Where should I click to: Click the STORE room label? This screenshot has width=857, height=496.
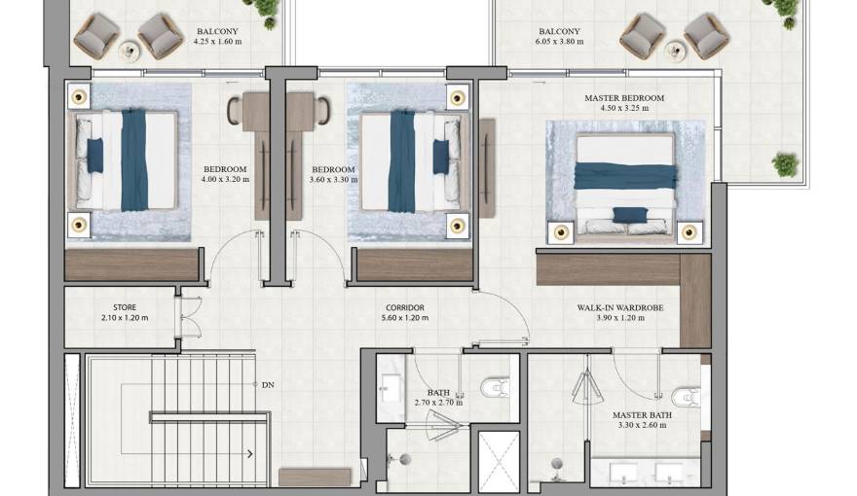[x=124, y=307]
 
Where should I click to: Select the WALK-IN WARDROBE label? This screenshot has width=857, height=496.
[x=619, y=307]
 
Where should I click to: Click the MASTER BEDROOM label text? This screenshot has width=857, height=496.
[x=623, y=98]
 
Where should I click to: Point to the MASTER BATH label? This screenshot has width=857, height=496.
[x=638, y=415]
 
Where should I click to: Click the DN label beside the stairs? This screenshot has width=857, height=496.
[x=268, y=385]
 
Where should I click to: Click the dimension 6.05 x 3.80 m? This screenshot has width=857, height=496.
[x=558, y=42]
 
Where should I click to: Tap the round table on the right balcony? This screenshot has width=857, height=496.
[x=673, y=48]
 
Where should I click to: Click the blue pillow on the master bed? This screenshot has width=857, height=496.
[x=628, y=214]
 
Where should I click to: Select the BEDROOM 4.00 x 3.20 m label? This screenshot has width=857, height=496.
[x=224, y=174]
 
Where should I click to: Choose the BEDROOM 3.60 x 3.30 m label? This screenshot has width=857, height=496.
[x=328, y=174]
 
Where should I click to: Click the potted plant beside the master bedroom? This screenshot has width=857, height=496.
[x=785, y=164]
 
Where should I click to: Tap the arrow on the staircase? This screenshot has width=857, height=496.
[x=251, y=453]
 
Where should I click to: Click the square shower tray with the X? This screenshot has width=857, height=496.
[x=500, y=461]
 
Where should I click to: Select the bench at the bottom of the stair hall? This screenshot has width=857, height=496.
[x=314, y=477]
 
